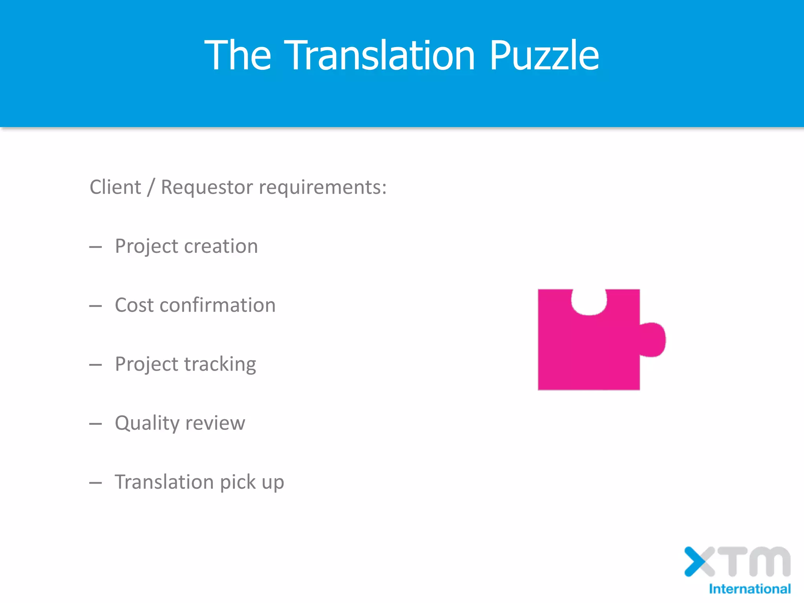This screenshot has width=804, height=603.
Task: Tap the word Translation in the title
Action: (379, 55)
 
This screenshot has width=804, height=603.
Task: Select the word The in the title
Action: (238, 55)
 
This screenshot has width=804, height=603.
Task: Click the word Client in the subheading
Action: (115, 187)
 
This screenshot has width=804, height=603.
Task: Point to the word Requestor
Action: (206, 187)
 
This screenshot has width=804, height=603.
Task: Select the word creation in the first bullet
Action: (221, 246)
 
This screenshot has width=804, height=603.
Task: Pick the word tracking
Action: (220, 364)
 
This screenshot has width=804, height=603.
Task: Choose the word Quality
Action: (147, 423)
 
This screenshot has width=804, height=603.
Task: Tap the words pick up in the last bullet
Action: (252, 482)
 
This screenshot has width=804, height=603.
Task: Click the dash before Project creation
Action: (95, 247)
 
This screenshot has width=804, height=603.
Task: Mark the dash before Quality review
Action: (95, 424)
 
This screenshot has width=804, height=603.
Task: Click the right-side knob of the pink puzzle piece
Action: (653, 340)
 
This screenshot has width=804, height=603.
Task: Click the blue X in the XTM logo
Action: (696, 561)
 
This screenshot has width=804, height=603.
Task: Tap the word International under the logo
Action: (749, 589)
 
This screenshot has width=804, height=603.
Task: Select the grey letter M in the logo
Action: (769, 561)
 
